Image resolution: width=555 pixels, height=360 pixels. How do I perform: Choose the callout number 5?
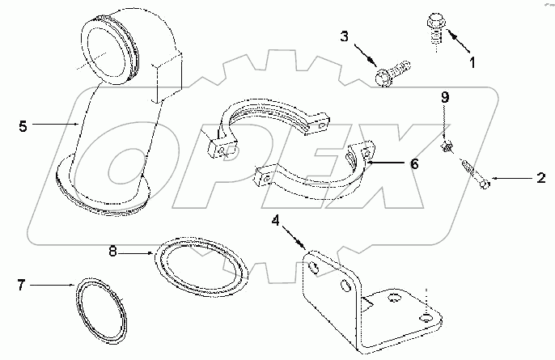click(x=23, y=125)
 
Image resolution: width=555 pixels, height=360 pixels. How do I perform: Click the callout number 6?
click(x=413, y=163)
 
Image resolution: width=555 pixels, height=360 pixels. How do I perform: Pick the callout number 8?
click(x=113, y=252)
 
